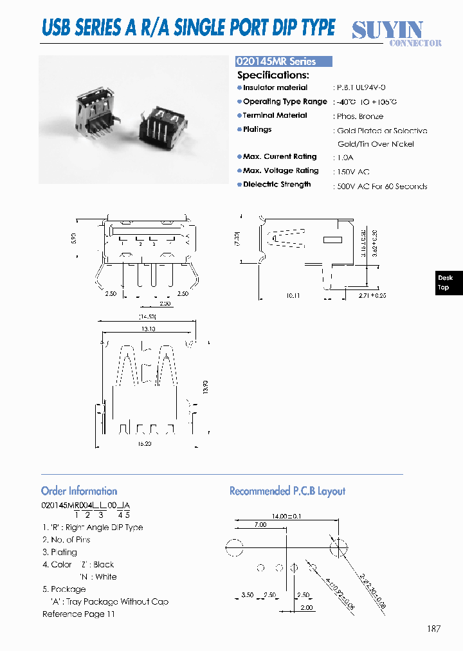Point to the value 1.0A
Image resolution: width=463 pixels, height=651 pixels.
tap(346, 158)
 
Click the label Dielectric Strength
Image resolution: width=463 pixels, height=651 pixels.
tap(277, 185)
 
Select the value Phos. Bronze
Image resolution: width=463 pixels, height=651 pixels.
tap(359, 116)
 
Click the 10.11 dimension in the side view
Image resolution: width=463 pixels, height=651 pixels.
tap(293, 296)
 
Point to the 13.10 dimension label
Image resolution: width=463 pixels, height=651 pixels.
tap(148, 329)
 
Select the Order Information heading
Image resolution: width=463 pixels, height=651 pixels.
tap(79, 491)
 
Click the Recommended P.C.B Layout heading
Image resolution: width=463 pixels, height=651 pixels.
tap(287, 491)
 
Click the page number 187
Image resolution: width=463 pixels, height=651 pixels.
tap(433, 628)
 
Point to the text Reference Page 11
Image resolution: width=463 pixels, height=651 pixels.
tap(78, 614)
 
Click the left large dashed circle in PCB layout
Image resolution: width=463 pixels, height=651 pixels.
tap(235, 548)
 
